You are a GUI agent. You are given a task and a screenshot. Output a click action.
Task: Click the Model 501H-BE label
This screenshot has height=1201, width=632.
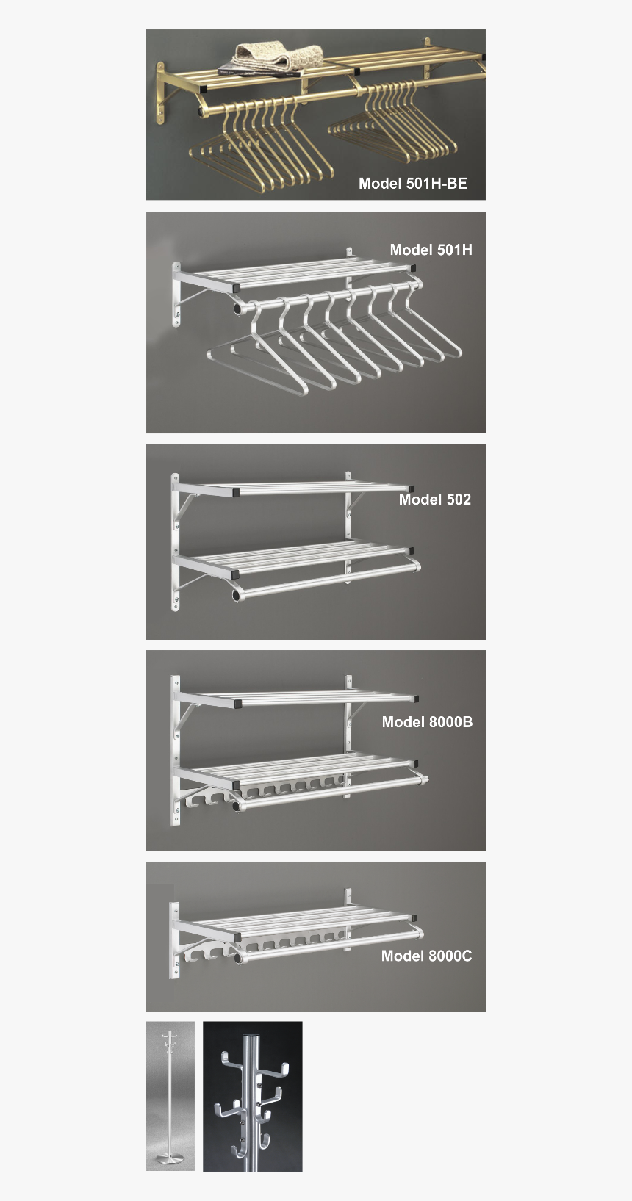click(412, 184)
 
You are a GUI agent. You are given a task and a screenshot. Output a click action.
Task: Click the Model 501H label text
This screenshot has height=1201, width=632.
click(431, 250)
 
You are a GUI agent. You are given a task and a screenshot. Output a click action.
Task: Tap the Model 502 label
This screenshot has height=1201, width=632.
click(434, 499)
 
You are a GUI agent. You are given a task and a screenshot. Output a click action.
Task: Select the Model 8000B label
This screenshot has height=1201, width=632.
click(427, 722)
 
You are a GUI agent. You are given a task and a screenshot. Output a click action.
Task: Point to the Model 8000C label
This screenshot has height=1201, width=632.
click(426, 956)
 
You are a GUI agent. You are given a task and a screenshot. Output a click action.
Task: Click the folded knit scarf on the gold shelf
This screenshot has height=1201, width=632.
click(279, 57)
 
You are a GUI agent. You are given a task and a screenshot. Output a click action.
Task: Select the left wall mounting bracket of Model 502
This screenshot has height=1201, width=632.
click(176, 542)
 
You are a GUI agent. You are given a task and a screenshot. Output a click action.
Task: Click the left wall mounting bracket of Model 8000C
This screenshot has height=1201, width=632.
click(175, 941)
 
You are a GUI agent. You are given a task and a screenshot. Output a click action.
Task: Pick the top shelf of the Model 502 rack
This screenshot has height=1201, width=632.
click(294, 487)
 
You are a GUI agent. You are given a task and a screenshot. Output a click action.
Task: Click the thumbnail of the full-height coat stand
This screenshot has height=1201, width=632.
click(170, 1095)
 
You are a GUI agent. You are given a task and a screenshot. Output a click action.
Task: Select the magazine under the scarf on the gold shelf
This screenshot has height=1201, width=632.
click(257, 71)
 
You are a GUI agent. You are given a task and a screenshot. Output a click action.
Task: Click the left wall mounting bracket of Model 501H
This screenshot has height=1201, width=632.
click(176, 294)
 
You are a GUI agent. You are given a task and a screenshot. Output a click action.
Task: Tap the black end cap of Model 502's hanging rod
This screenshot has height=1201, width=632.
click(237, 594)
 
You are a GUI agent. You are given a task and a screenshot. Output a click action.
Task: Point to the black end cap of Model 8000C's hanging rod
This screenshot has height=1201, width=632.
click(238, 958)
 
